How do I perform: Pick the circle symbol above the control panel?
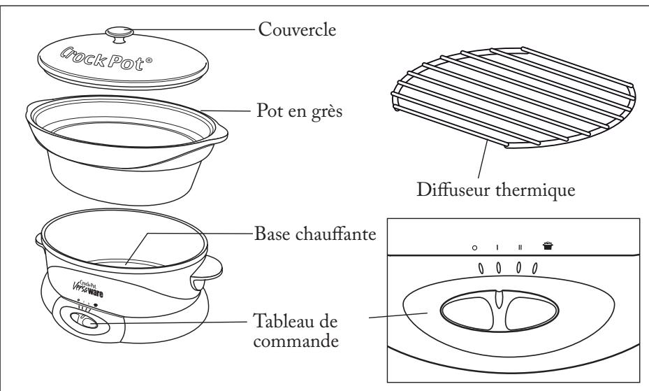(474, 247)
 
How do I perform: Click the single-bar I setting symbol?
(497, 247)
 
